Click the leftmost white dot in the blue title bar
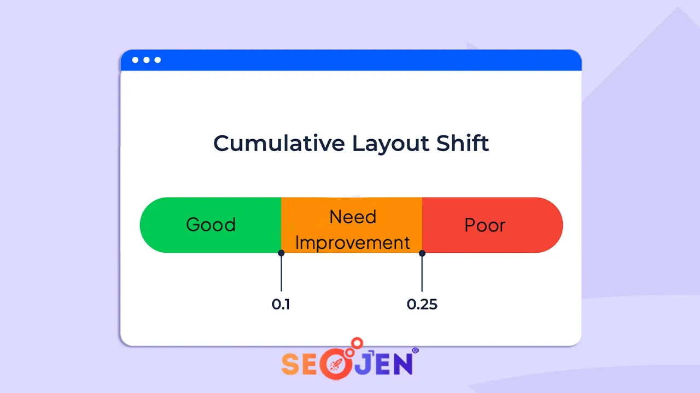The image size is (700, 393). coord(135,60)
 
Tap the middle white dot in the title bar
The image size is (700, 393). coord(147,60)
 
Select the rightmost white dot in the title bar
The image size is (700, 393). coord(157,60)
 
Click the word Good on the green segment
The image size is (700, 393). coord(211,225)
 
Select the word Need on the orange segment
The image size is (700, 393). coord(353,217)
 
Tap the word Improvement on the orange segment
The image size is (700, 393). coord(353,242)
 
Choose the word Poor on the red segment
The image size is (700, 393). coord(485,225)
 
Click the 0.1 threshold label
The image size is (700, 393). coord(281,305)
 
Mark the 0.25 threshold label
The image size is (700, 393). coord(422,305)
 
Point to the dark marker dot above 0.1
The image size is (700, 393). coord(281,253)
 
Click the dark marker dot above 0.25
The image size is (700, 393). coord(422,253)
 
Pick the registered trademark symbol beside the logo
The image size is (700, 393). coord(416,351)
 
